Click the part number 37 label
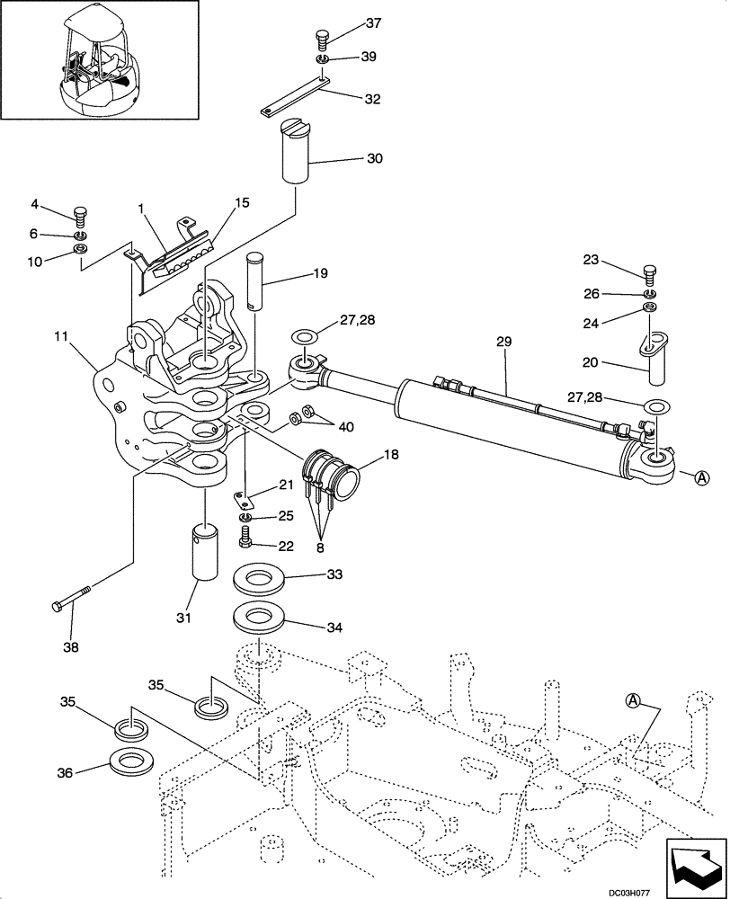[x=348, y=22]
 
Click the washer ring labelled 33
[x=259, y=580]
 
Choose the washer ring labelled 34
[x=259, y=619]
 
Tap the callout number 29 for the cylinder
[x=503, y=342]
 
